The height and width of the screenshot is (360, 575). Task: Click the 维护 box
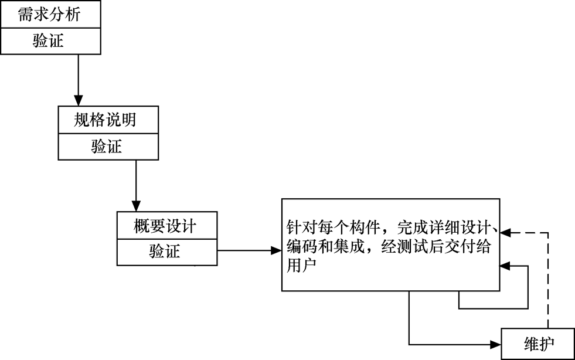[x=537, y=344]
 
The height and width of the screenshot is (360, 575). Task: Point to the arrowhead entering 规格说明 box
[x=77, y=101]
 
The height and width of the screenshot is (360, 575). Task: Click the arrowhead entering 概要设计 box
[x=136, y=207]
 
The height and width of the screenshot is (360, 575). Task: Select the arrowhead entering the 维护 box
[x=496, y=344]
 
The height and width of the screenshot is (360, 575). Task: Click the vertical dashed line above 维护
[x=548, y=281]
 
